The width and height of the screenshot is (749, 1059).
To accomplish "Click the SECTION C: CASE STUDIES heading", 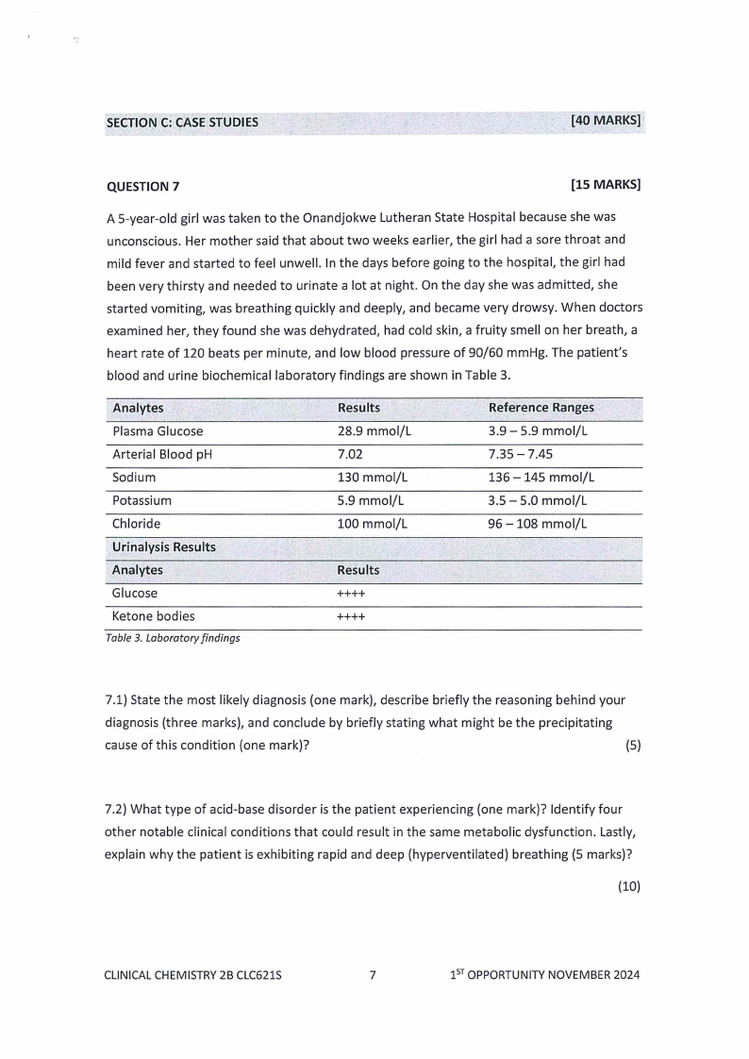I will tap(182, 122).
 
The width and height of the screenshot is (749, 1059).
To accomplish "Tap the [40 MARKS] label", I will tap(606, 120).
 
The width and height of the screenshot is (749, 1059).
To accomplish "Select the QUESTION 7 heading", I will tap(142, 186).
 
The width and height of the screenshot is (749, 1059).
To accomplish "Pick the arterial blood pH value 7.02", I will tap(352, 454).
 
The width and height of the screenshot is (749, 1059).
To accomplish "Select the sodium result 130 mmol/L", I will tap(372, 478).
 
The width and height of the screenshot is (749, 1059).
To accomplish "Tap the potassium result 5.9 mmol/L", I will tap(371, 500).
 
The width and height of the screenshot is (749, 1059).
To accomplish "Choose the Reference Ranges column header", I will tap(541, 408).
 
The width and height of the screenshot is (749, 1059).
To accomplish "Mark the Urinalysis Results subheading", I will tap(164, 547).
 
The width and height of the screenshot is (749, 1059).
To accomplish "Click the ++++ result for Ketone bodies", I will tap(351, 616).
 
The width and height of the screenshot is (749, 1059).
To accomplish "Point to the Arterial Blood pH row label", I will tap(158, 454).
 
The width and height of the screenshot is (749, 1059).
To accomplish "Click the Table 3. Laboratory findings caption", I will tap(173, 638).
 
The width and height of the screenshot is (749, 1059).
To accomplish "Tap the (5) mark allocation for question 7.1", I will tap(633, 746).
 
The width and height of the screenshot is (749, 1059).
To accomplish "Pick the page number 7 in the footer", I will tap(373, 975).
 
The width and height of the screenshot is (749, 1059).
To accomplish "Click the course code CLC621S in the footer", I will tap(254, 975).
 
